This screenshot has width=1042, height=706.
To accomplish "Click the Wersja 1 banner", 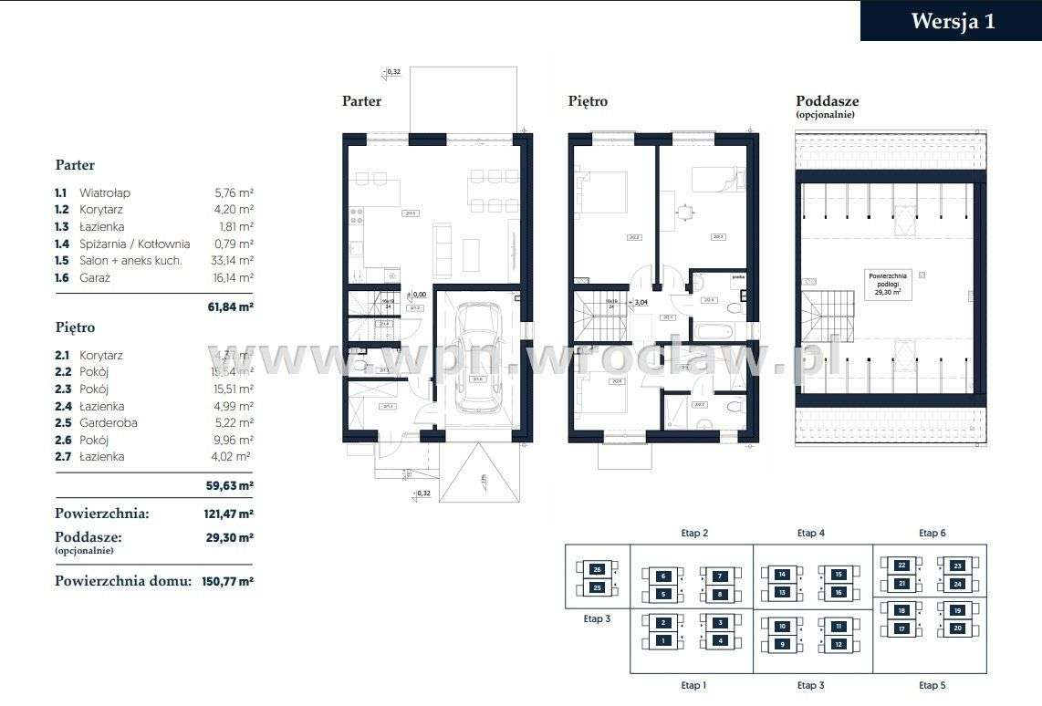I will pyautogui.click(x=952, y=21).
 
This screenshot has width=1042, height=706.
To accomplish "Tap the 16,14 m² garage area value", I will pyautogui.click(x=233, y=277).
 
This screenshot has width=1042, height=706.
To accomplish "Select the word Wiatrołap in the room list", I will pyautogui.click(x=105, y=193).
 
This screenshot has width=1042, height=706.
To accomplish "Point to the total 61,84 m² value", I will pyautogui.click(x=230, y=307).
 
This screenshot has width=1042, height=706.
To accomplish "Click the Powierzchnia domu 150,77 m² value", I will pyautogui.click(x=227, y=580).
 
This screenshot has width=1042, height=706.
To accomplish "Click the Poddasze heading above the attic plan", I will pyautogui.click(x=827, y=101).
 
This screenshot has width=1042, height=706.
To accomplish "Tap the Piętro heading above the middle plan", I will pyautogui.click(x=588, y=101).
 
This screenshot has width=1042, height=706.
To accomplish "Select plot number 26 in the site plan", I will pyautogui.click(x=597, y=569).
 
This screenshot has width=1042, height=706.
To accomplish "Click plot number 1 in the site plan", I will pyautogui.click(x=664, y=641).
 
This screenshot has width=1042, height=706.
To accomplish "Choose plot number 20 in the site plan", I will pyautogui.click(x=957, y=628).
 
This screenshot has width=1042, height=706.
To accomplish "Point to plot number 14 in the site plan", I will pyautogui.click(x=782, y=575).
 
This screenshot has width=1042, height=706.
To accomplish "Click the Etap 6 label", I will pyautogui.click(x=932, y=533).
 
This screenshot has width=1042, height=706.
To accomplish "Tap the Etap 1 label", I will pyautogui.click(x=692, y=685).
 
